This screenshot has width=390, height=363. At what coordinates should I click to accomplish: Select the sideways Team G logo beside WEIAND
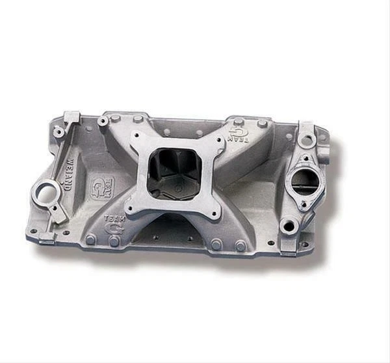[x=103, y=187]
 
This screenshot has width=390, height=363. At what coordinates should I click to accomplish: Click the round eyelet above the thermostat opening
[x=305, y=139]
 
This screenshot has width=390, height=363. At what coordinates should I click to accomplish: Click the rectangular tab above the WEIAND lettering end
[x=71, y=117]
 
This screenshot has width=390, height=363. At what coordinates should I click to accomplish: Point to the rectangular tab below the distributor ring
[x=47, y=237]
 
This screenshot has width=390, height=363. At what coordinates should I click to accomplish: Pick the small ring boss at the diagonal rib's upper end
[x=58, y=132]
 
